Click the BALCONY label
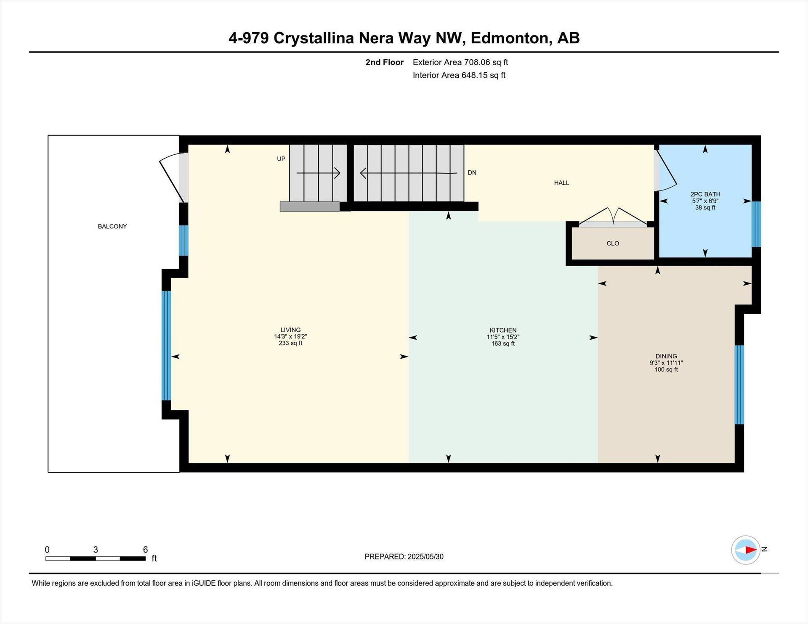(x=112, y=226)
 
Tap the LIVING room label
(x=290, y=330)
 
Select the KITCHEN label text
(x=503, y=331)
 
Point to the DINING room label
(x=666, y=356)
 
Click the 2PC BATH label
(x=705, y=194)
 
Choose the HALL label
(x=561, y=183)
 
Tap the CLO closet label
(x=613, y=243)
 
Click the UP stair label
(x=281, y=159)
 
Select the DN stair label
(x=472, y=173)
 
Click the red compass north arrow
(x=751, y=550)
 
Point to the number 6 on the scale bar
(x=145, y=550)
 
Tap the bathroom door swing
(x=665, y=170)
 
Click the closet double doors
(x=613, y=216)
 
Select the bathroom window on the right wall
(x=756, y=224)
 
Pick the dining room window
(x=739, y=385)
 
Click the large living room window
(x=167, y=346)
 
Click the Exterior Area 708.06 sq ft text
(x=460, y=62)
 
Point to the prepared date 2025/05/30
(x=425, y=557)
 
